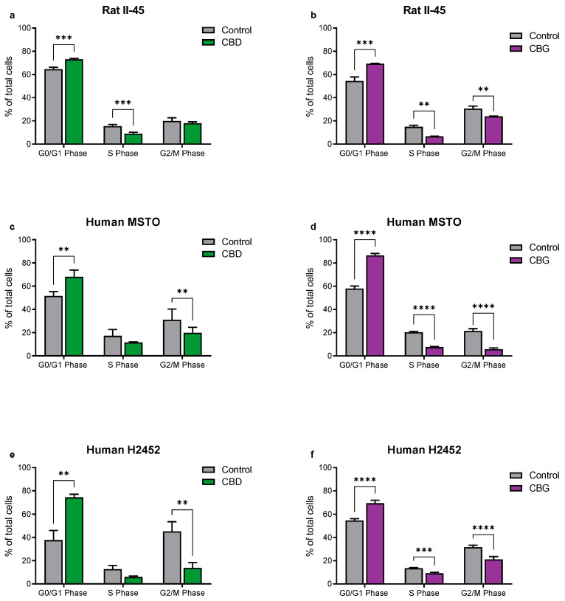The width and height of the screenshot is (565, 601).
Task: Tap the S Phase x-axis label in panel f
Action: [x=425, y=594]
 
